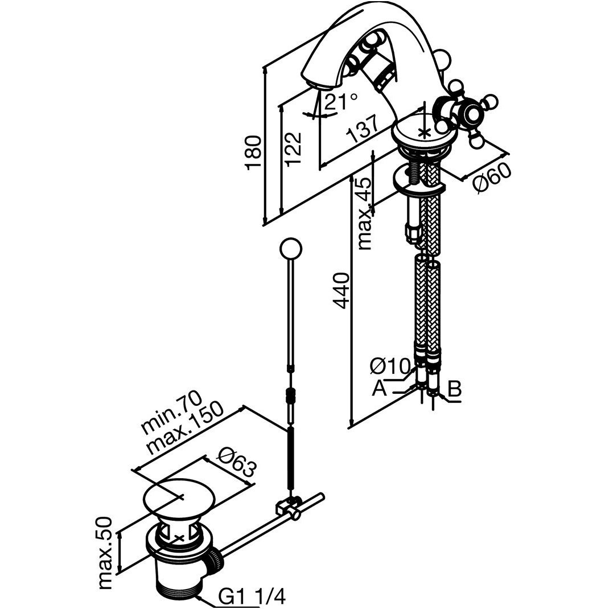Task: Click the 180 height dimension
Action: (x=253, y=153)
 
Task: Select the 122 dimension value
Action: (x=294, y=149)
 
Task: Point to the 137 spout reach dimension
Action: (x=363, y=130)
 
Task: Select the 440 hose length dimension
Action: (x=341, y=290)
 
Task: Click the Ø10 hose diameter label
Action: (x=390, y=365)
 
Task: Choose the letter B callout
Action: (x=454, y=389)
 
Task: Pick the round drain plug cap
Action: (x=178, y=496)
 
